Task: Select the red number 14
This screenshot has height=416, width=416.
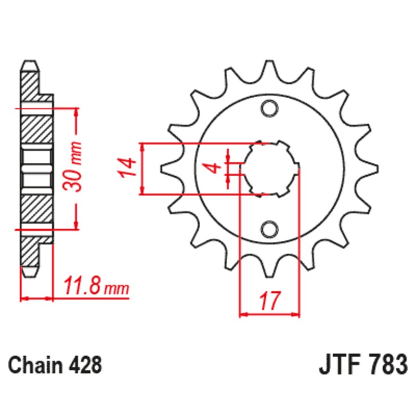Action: [127, 168]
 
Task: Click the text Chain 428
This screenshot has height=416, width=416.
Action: [55, 365]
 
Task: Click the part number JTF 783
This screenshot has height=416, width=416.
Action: [362, 364]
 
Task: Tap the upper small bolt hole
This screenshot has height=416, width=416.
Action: [269, 108]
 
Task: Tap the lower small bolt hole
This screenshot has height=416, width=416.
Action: [269, 228]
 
